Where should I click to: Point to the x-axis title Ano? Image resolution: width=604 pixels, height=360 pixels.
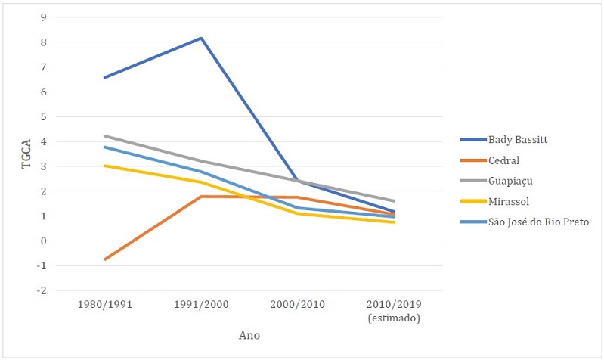click(x=249, y=334)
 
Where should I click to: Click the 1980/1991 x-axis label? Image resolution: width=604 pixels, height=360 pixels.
click(x=104, y=305)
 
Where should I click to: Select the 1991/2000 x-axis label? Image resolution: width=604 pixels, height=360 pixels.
click(x=201, y=305)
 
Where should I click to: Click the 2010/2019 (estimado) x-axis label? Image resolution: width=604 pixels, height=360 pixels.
click(x=395, y=310)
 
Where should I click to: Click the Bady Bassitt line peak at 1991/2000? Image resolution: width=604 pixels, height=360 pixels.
click(x=201, y=38)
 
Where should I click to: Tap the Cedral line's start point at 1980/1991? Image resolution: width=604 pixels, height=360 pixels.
click(x=104, y=259)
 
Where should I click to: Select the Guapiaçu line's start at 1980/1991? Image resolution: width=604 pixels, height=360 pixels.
click(x=104, y=136)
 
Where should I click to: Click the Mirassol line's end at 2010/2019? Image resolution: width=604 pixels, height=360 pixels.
click(x=395, y=222)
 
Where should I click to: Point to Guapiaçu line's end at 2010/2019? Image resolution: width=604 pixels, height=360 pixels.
click(x=395, y=201)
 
